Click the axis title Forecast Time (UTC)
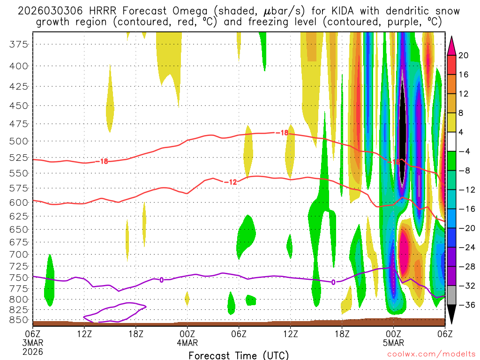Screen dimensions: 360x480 pos(239,355)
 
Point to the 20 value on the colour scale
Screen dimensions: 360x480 pos(464,55)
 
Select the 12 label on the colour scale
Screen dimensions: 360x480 pos(464,94)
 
